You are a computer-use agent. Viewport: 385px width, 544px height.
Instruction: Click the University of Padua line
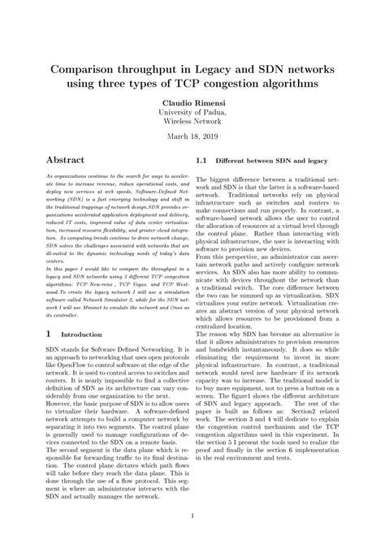coord(192,114)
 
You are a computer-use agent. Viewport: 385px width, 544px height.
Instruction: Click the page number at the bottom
coord(192,515)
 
